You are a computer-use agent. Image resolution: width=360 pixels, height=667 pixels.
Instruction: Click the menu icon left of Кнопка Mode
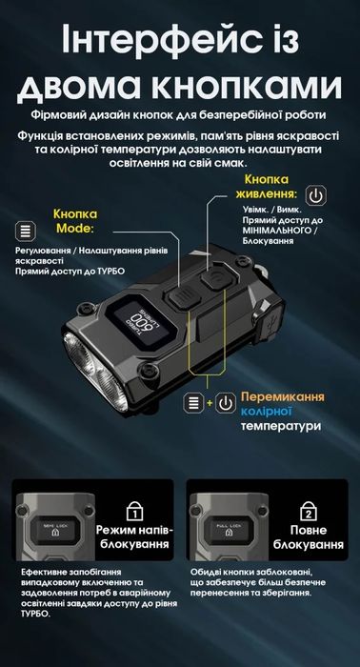pos(27,231)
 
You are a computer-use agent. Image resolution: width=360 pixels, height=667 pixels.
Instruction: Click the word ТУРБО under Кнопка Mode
pos(130,273)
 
